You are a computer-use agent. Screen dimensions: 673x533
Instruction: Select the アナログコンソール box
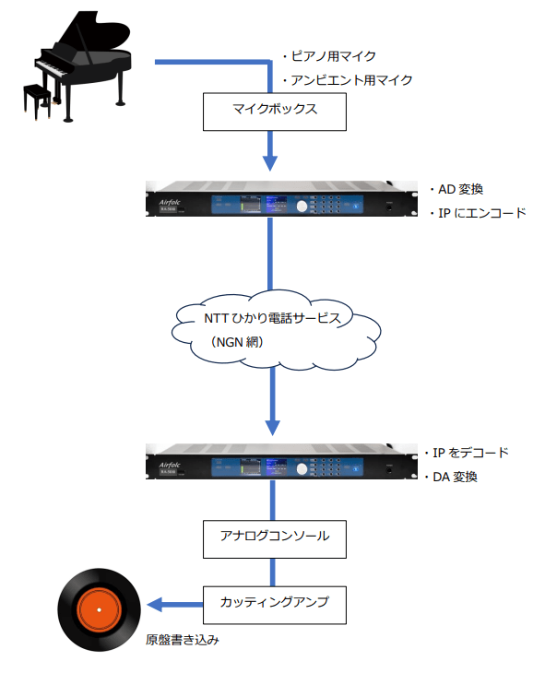(x=273, y=536)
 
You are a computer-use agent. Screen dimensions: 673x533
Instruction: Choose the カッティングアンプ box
(x=273, y=605)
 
